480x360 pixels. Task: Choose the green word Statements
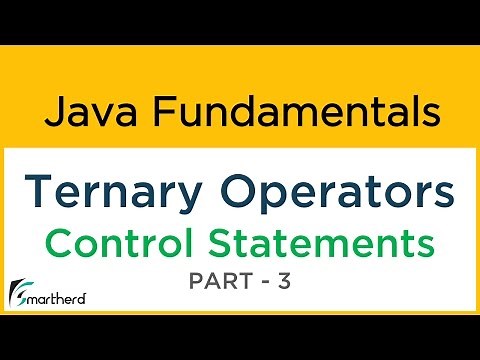click(330, 242)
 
